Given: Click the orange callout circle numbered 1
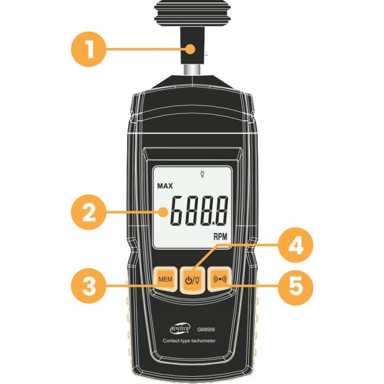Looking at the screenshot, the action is coord(89,49).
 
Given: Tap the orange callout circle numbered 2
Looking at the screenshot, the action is coord(89,212).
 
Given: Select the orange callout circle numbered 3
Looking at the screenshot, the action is coord(89,286).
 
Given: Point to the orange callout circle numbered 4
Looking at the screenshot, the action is coord(296,245).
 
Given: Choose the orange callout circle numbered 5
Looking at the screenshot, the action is coord(296,286).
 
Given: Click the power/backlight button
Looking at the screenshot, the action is coord(192,280).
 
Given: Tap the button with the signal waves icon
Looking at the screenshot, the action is coord(220,279).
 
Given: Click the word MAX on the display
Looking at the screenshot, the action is coord(165,186).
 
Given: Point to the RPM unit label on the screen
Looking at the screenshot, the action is coord(220,237).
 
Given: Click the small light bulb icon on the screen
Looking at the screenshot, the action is coord(202,174).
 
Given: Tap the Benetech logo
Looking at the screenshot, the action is coord(180,329).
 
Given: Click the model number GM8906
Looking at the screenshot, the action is coord(206,330).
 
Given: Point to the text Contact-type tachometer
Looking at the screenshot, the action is coord(189,341).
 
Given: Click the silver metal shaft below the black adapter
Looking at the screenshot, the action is coord(192,70).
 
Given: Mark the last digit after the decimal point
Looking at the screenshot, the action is coord(221,211).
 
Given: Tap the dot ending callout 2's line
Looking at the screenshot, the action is coord(163,212).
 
